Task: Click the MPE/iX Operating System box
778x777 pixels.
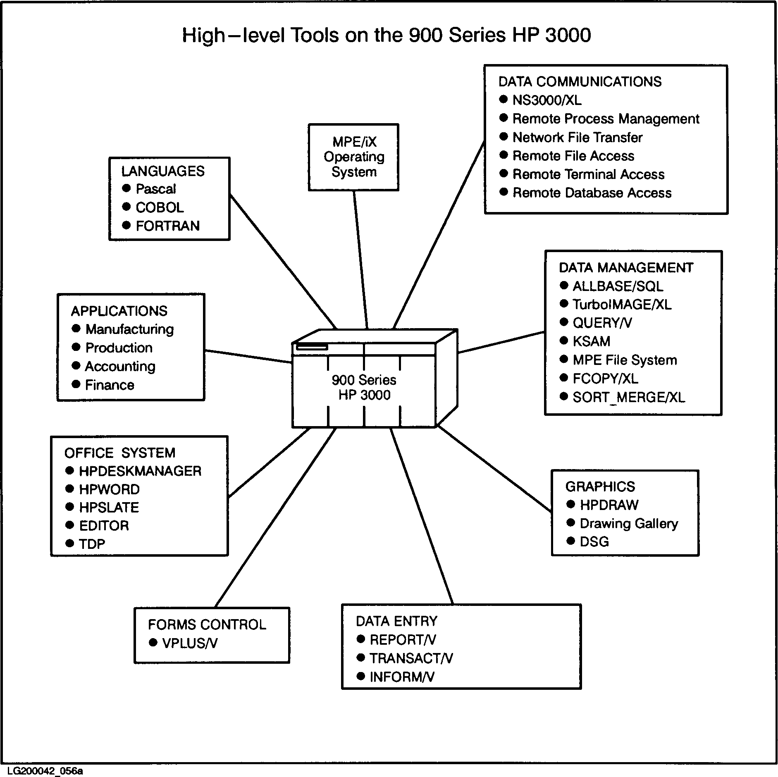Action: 354,157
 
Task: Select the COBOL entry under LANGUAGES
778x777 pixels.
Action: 160,207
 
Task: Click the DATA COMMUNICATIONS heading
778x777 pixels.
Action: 580,82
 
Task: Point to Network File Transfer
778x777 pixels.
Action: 577,137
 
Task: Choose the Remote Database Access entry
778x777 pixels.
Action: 592,193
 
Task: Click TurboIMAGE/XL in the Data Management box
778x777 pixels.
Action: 622,305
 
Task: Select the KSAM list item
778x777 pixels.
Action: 591,341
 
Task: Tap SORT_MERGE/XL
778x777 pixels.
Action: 628,398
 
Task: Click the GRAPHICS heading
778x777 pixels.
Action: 600,486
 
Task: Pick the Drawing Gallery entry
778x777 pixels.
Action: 628,524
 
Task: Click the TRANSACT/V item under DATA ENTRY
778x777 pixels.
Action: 411,658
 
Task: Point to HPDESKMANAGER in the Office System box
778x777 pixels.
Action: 140,471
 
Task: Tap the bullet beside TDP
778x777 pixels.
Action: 70,543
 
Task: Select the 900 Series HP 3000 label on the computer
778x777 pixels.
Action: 364,387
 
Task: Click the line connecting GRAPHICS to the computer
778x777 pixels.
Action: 494,469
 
